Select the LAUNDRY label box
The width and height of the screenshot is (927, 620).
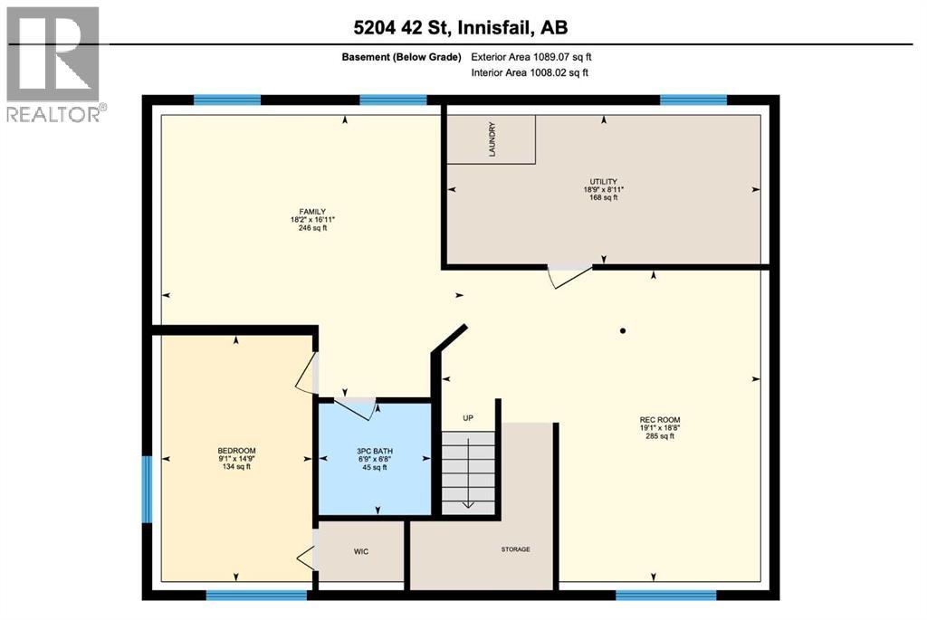click(492, 139)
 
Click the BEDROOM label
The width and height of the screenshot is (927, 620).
click(236, 451)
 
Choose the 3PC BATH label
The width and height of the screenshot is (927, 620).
click(373, 451)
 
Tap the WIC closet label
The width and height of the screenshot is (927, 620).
click(361, 551)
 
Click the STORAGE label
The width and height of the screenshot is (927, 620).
click(515, 549)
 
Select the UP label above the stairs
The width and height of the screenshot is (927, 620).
click(468, 418)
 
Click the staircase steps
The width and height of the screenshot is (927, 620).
click(468, 471)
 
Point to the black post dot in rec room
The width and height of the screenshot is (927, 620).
click(623, 329)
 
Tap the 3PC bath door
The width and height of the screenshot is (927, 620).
click(357, 408)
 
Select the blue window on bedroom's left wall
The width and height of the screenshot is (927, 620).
click(147, 489)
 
